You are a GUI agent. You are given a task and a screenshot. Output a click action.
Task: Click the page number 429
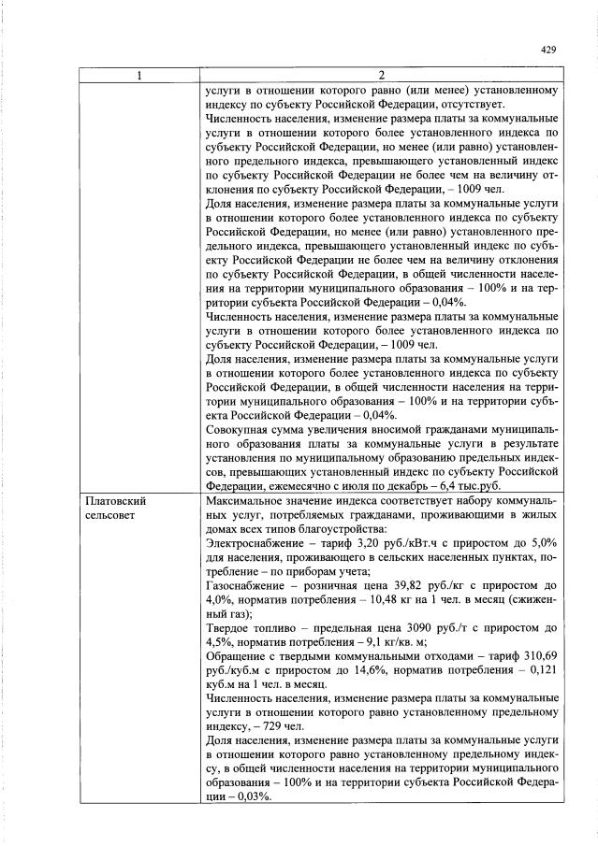pos(549,51)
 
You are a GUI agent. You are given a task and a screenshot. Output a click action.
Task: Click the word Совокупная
pos(241,429)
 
